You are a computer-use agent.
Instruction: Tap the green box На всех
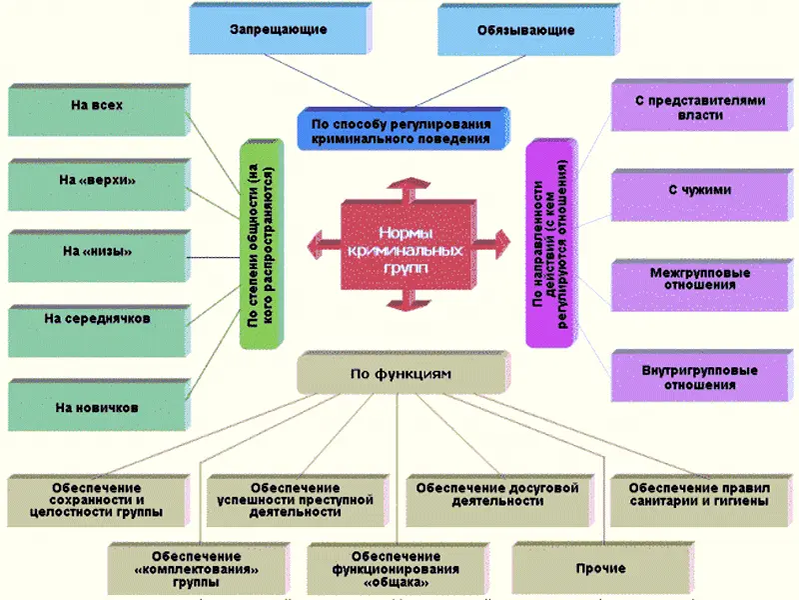click(x=97, y=108)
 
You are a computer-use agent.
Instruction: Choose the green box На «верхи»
click(x=97, y=181)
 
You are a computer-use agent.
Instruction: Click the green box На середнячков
click(x=97, y=320)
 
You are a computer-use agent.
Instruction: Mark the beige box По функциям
click(x=399, y=374)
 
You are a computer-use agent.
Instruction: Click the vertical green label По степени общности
click(x=261, y=243)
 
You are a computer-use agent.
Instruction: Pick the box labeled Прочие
click(x=601, y=569)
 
